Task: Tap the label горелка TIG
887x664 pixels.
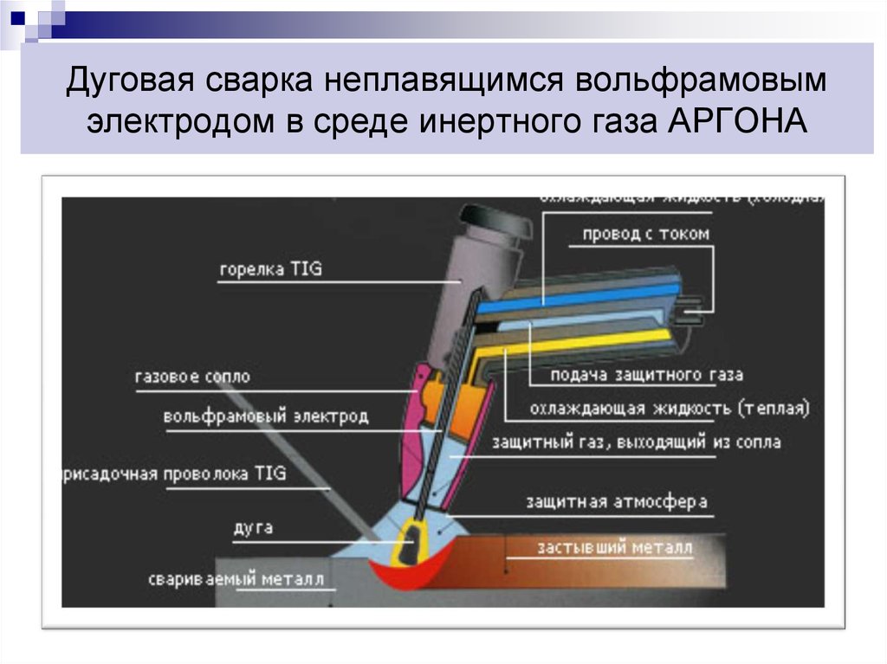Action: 270,269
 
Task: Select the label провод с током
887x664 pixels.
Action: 645,234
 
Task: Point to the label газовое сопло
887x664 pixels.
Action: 192,377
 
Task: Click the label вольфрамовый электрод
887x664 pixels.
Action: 265,416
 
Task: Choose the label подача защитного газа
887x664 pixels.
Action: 647,375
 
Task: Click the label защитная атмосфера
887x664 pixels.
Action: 616,502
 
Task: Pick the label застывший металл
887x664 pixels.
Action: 615,547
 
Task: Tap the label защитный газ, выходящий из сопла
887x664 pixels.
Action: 636,442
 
